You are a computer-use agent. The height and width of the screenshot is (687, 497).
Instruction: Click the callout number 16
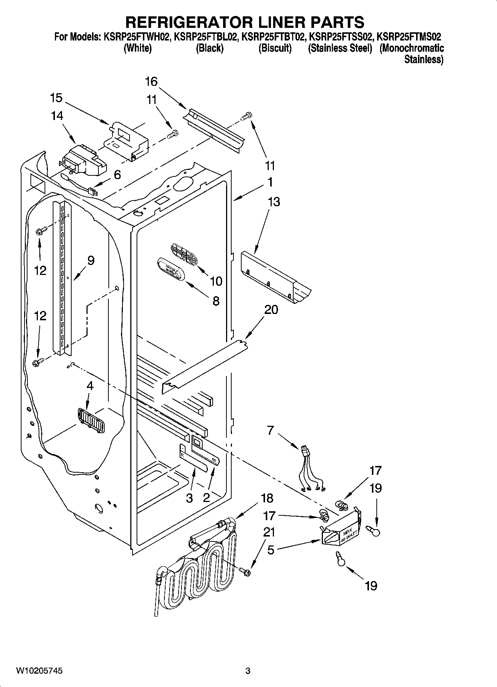151,81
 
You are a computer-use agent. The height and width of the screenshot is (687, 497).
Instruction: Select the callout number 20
271,309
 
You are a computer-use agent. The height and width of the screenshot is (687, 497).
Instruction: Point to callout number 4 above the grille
89,386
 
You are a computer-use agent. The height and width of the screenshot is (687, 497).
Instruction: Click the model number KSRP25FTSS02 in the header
340,37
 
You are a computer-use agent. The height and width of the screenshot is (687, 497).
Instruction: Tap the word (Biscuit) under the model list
275,48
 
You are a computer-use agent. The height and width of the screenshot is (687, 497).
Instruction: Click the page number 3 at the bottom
248,671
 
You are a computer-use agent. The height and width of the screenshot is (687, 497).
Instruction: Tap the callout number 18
267,498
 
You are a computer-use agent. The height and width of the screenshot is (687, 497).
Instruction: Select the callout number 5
271,550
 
